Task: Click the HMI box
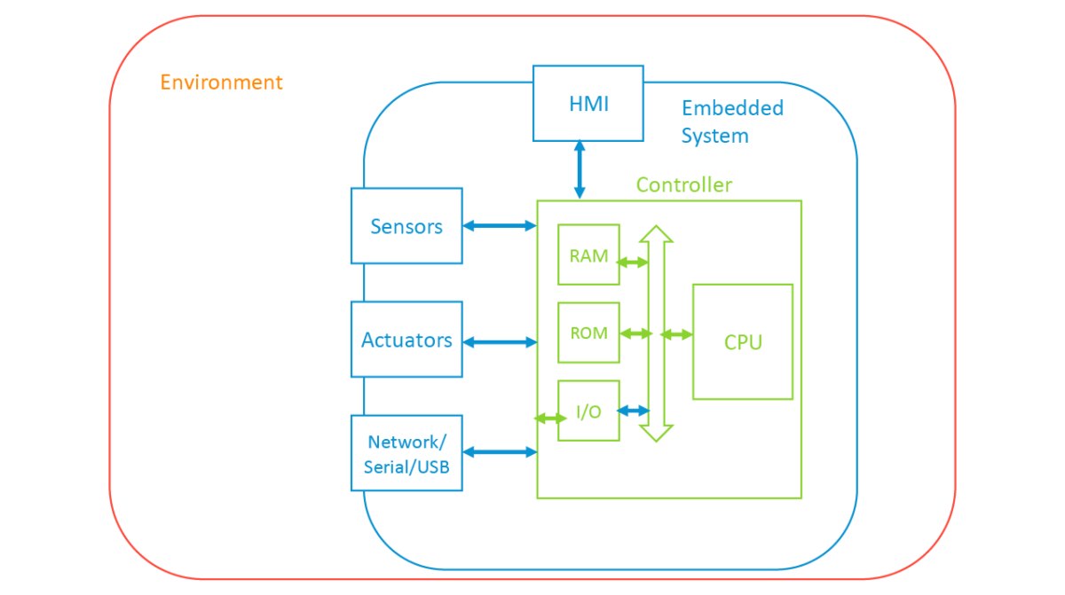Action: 588,103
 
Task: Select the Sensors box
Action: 406,226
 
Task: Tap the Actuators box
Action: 406,340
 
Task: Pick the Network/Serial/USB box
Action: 406,453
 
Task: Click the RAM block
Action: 588,255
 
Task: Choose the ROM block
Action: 588,333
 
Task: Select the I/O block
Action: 588,411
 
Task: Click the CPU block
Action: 743,341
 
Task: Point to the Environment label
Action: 221,82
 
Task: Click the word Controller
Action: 683,184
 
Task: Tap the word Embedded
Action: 732,108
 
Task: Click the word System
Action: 714,136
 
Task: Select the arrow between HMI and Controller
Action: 580,169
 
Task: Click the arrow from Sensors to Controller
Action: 500,226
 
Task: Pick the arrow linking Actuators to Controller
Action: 500,341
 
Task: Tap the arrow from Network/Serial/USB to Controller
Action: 500,452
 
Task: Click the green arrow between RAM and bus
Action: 634,262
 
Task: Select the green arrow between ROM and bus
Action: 635,333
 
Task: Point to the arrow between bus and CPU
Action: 676,334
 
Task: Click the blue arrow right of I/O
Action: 634,411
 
